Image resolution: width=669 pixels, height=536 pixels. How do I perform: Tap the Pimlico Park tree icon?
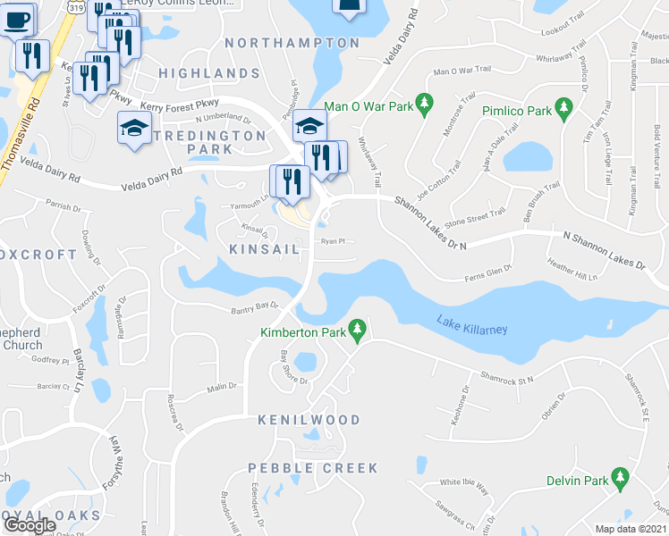pyautogui.click(x=563, y=108)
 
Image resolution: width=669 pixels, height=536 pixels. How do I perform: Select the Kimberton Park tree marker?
pyautogui.click(x=358, y=332)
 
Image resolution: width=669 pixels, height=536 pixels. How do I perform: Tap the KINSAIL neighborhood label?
pyautogui.click(x=264, y=249)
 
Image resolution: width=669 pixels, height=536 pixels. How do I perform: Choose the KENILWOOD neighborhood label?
pyautogui.click(x=309, y=420)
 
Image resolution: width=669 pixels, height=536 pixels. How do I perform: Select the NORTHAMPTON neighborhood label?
pyautogui.click(x=292, y=43)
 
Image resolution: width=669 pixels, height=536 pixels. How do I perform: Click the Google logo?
pyautogui.click(x=30, y=525)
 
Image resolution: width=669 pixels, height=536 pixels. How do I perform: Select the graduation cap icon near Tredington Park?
pyautogui.click(x=134, y=129)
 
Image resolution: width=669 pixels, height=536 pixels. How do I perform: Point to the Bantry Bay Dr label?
pyautogui.click(x=250, y=306)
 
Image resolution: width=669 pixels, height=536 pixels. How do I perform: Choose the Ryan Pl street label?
pyautogui.click(x=333, y=240)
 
